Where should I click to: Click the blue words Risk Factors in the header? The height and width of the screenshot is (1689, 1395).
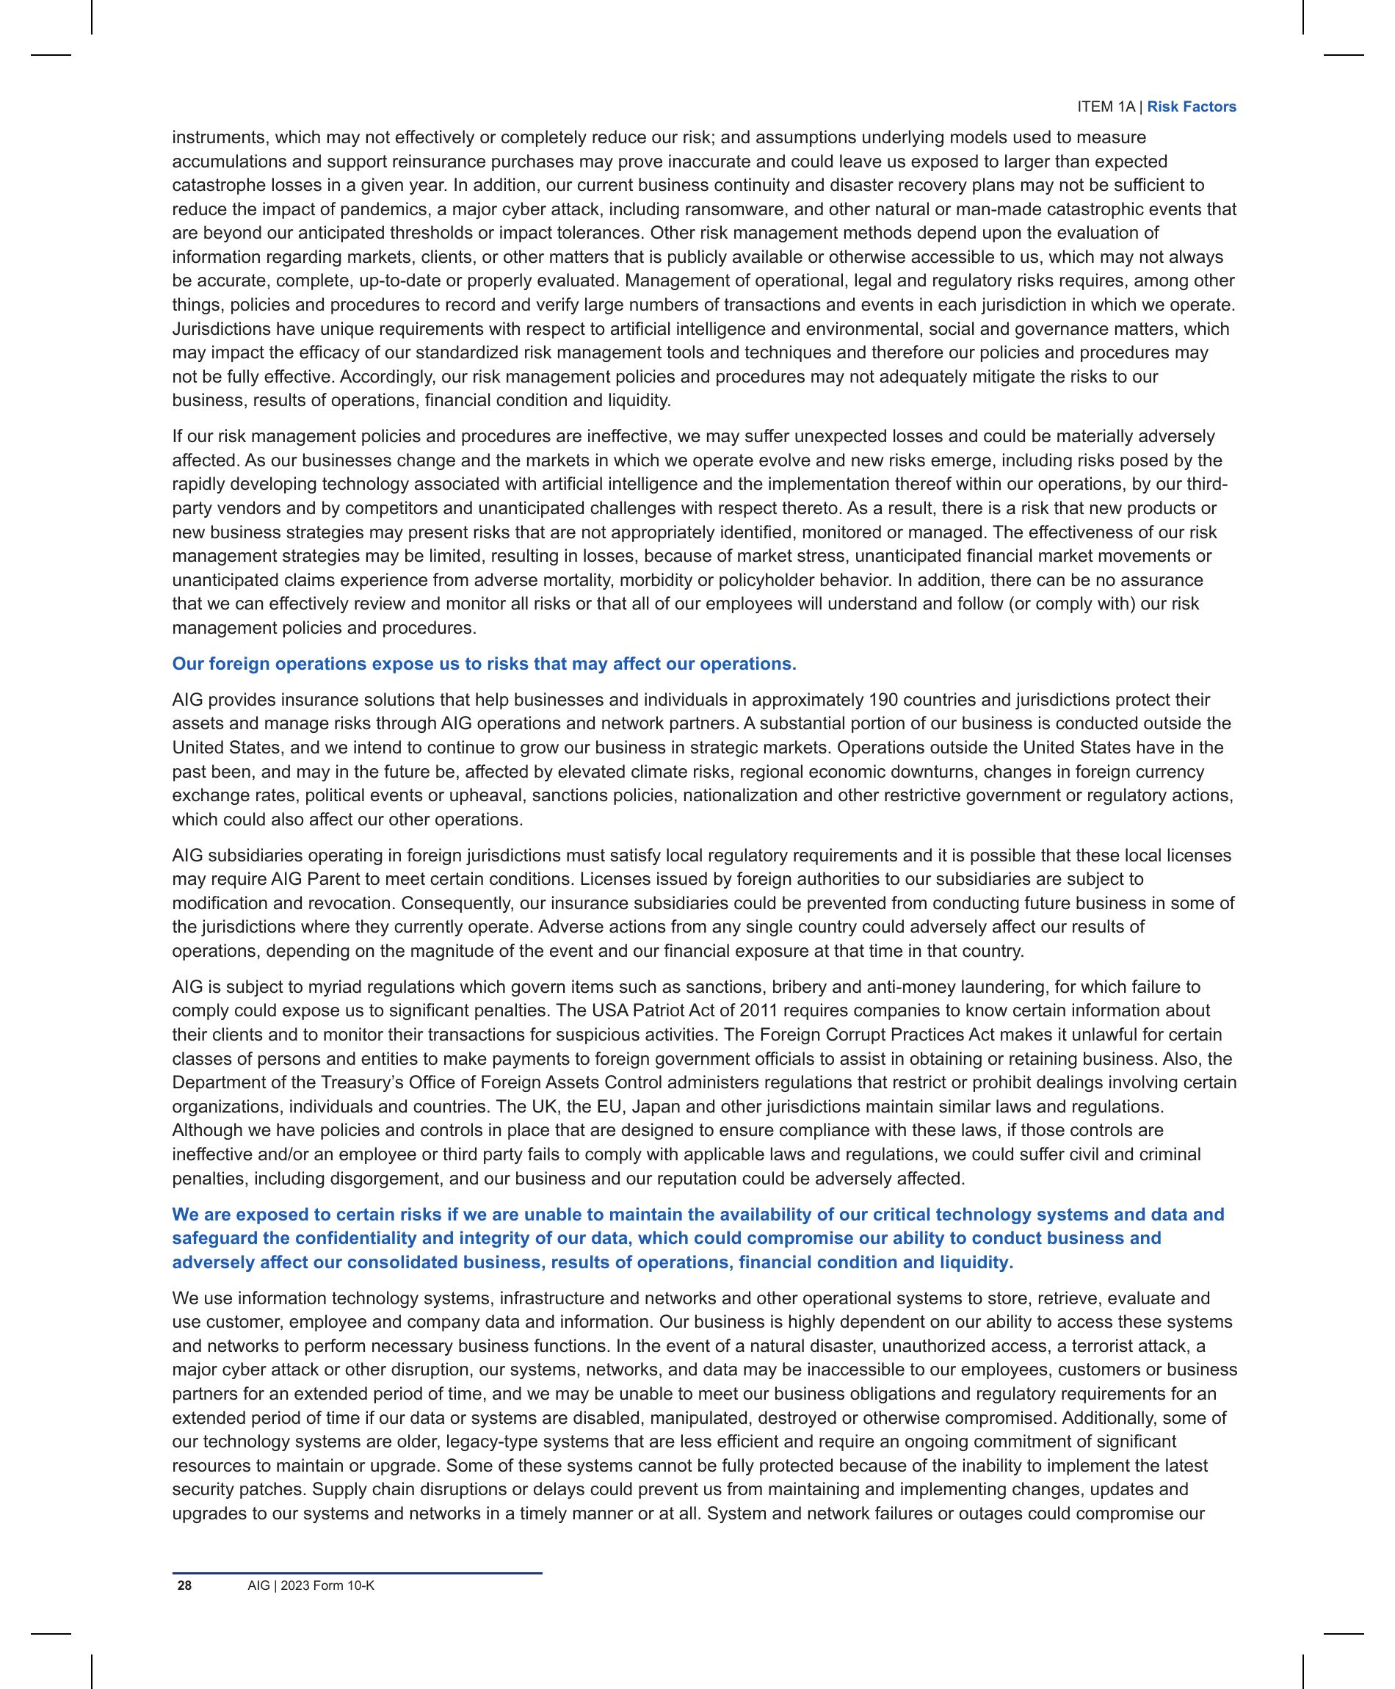click(1191, 107)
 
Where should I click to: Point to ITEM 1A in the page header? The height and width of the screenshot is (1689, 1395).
click(1106, 107)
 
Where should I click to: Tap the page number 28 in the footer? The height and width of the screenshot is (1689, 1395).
click(185, 1585)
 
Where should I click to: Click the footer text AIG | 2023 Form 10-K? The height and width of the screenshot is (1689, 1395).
click(311, 1585)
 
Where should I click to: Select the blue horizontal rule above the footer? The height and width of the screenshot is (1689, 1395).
click(357, 1572)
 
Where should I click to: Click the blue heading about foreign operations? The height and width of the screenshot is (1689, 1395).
click(484, 664)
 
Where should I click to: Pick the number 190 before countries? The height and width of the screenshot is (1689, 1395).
click(884, 700)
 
